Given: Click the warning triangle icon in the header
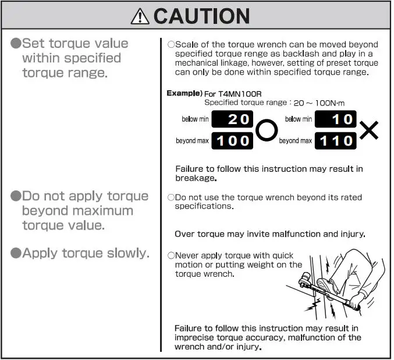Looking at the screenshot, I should [140, 16].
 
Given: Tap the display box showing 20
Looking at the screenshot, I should [232, 119].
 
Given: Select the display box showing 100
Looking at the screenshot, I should [232, 140].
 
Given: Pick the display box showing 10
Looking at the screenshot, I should [335, 119].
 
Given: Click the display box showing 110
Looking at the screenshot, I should [335, 140].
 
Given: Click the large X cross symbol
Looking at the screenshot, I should [368, 130].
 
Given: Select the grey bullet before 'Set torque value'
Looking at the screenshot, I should [16, 44].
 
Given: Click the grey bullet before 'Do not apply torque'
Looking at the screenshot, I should [16, 196].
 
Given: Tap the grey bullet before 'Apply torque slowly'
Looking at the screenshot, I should [16, 253].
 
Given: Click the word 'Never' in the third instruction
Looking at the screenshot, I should [187, 256].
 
